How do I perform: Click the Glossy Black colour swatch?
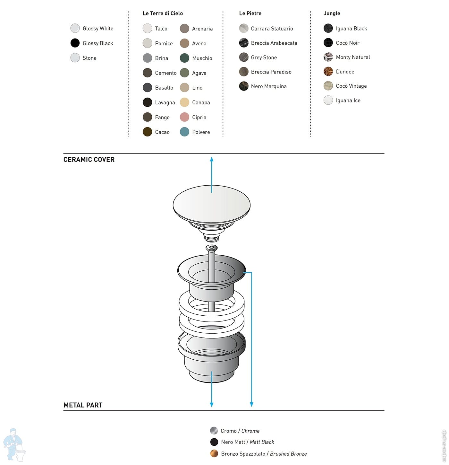pos(75,43)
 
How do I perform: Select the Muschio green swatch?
pos(184,58)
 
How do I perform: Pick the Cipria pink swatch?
pos(184,117)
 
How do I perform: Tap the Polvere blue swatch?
pos(184,132)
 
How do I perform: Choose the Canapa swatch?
pos(184,102)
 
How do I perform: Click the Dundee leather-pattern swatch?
pos(328,72)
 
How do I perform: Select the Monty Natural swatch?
pos(328,57)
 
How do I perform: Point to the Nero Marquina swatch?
pos(244,86)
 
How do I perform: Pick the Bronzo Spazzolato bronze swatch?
pos(214,453)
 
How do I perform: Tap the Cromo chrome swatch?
pos(214,431)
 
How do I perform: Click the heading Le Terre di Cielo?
pos(163,13)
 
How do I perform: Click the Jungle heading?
pos(332,13)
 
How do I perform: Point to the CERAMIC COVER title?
pos(89,160)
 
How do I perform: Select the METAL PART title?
pos(83,405)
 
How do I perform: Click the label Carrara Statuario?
pos(272,29)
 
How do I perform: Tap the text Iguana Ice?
pos(348,101)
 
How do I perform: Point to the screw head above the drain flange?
pos(212,248)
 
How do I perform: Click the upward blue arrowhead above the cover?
pos(212,159)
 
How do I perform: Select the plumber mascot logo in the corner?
pos(14,444)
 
